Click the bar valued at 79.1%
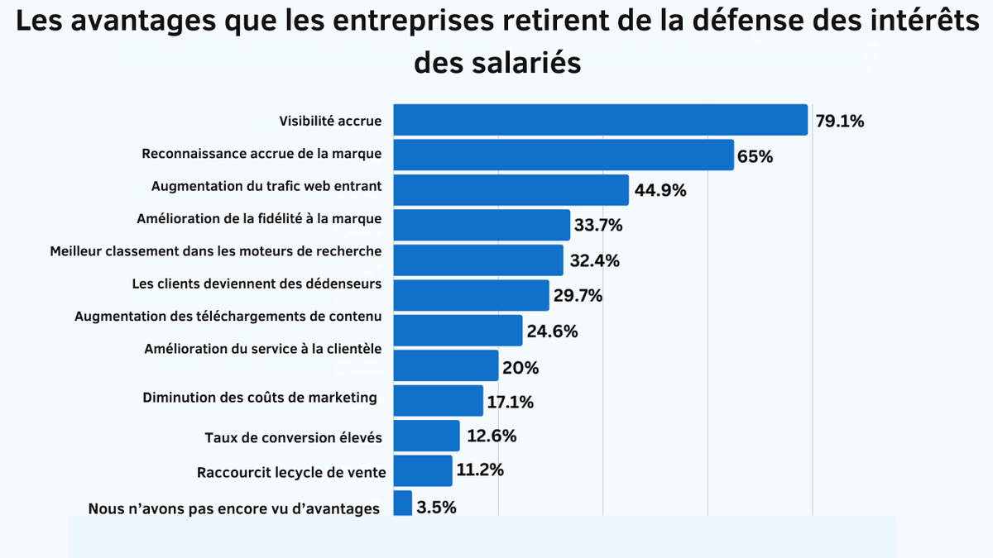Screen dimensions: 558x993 600,120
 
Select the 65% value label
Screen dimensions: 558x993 755,156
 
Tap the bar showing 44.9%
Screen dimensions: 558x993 511,190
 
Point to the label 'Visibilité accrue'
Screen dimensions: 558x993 330,122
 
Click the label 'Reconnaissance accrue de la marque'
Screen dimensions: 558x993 261,154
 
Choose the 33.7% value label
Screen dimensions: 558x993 598,226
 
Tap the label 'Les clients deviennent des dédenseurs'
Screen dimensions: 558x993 257,284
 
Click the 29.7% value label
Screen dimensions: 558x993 578,296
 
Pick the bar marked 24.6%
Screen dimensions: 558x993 458,330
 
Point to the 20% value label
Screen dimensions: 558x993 520,368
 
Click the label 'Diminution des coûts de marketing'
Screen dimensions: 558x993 260,398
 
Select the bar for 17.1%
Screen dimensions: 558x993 438,400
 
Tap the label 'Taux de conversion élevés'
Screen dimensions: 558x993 293,437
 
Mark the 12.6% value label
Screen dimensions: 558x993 491,436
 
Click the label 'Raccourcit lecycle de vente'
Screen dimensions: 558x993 291,473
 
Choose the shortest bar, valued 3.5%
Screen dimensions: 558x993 402,503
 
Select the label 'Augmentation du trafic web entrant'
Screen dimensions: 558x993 266,187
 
